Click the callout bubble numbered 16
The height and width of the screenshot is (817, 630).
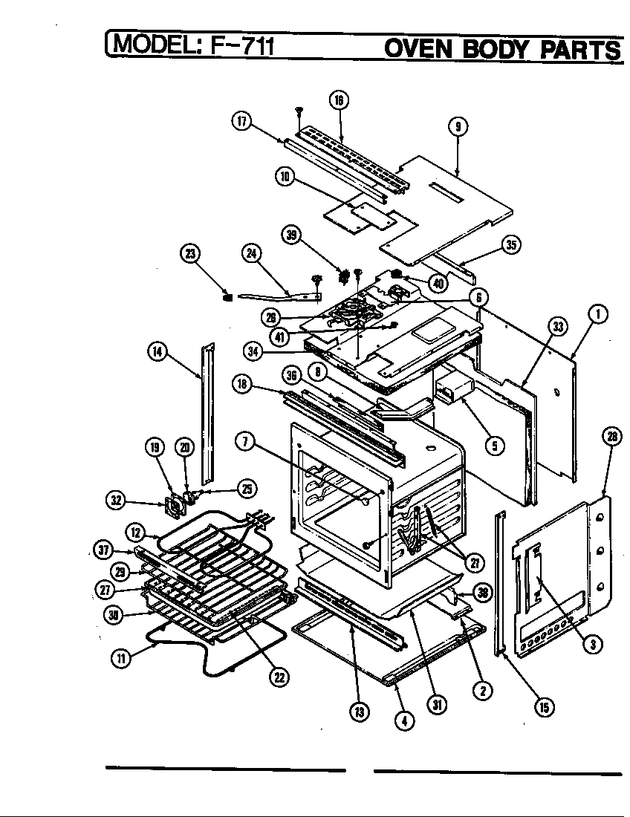(x=339, y=101)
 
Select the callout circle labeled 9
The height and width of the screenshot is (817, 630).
(x=458, y=126)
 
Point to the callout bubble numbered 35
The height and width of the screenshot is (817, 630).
(x=510, y=246)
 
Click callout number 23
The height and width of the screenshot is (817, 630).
(x=191, y=254)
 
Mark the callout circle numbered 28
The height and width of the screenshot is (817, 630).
(x=611, y=437)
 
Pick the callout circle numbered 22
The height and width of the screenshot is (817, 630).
(x=280, y=676)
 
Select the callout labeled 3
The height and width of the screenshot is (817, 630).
(x=591, y=644)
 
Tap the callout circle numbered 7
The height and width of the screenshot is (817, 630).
(x=244, y=441)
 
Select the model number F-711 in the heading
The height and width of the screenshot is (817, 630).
(x=243, y=47)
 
